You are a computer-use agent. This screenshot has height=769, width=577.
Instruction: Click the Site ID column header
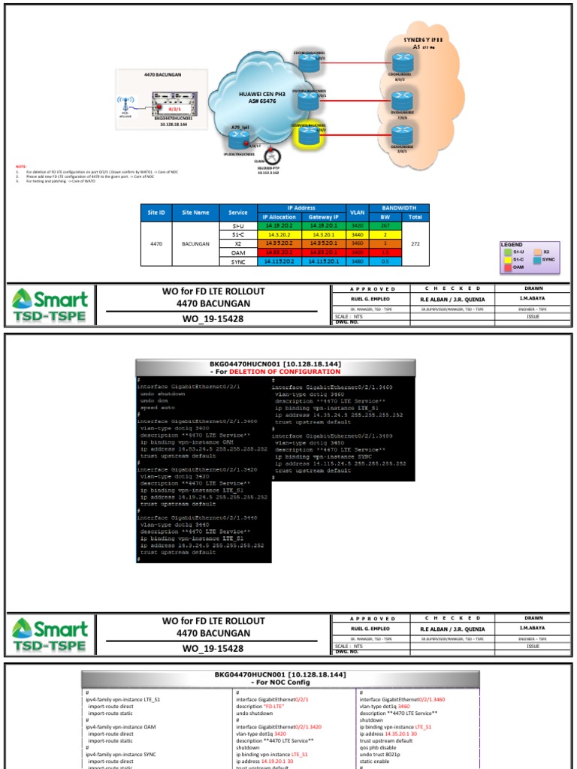(x=156, y=213)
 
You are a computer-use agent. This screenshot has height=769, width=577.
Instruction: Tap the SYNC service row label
(x=237, y=262)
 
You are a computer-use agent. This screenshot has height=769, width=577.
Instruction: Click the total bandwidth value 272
(x=415, y=243)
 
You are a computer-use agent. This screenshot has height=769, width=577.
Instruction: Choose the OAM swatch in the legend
(x=507, y=266)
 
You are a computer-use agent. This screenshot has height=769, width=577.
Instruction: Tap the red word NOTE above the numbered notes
(x=20, y=166)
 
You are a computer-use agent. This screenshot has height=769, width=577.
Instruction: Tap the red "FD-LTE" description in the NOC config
(x=273, y=707)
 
